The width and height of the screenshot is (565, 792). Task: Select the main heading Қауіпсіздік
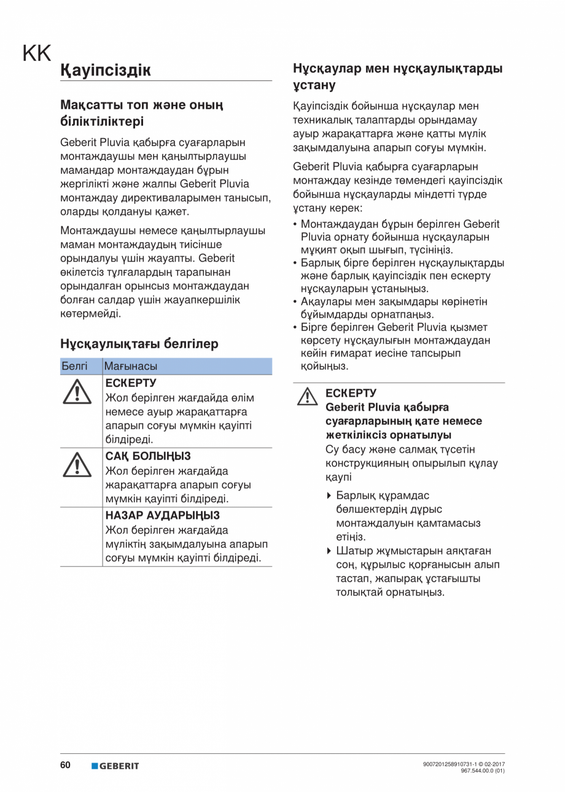106,70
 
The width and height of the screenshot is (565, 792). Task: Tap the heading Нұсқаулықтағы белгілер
139,344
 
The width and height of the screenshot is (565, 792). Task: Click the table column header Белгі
74,367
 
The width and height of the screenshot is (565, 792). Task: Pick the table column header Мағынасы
131,367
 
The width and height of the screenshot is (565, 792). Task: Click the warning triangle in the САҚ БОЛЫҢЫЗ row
76,465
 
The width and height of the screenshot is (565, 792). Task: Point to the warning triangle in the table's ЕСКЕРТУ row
76,391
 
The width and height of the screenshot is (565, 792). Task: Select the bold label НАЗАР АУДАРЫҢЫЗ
163,515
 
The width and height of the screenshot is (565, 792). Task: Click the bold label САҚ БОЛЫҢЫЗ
148,456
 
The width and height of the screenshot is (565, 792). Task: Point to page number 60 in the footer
65,765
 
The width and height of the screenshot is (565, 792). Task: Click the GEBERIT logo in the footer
115,766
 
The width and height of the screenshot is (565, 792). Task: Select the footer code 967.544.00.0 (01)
483,770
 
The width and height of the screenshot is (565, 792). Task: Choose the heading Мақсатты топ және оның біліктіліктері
141,113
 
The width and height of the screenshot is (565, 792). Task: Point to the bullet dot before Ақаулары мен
296,301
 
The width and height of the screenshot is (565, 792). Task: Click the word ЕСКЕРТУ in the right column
351,393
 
